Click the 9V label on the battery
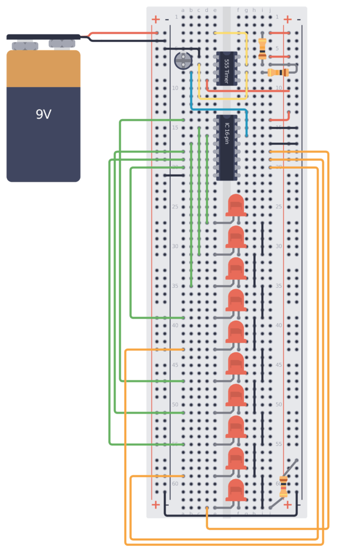click(43, 114)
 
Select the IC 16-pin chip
click(227, 147)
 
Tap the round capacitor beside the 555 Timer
click(183, 61)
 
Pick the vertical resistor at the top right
click(262, 48)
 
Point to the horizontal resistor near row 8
click(278, 73)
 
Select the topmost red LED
click(236, 205)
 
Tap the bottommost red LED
click(236, 490)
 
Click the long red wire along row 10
click(247, 90)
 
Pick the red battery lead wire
click(124, 33)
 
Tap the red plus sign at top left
click(156, 20)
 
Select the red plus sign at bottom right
click(287, 504)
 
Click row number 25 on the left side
click(175, 207)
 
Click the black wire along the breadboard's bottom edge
click(231, 515)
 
